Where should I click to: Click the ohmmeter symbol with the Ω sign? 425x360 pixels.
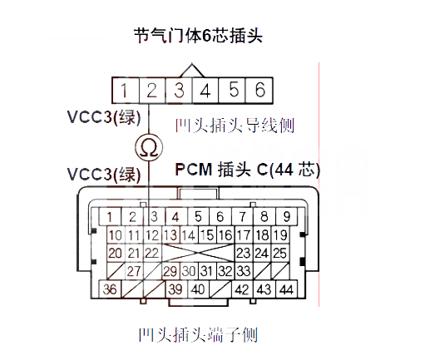tap(149, 147)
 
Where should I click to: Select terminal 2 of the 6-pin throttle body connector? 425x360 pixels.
tap(152, 91)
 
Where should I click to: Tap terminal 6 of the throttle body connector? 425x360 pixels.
tap(259, 91)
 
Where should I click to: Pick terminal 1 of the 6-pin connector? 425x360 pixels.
tap(126, 91)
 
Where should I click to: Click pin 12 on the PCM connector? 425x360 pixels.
tap(152, 235)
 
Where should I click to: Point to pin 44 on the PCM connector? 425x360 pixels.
tap(286, 289)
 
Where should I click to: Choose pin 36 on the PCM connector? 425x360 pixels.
tap(110, 289)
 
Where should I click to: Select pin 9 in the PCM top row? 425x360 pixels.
tap(286, 216)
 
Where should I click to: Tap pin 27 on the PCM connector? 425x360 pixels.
tap(134, 271)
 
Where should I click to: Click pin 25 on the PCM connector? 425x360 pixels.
tap(280, 253)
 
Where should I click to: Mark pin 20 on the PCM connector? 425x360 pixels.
tap(116, 253)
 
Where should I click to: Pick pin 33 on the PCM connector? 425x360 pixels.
tap(244, 271)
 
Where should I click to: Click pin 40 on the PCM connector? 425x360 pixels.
tap(198, 289)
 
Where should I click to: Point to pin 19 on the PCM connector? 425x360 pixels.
tap(280, 235)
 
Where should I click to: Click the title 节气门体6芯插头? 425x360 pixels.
tap(198, 36)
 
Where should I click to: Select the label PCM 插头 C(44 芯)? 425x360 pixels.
tap(248, 170)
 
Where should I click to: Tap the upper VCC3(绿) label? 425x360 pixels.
tap(104, 117)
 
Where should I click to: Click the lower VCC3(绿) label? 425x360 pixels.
tap(104, 175)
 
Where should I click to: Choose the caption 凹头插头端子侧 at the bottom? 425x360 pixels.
tap(198, 335)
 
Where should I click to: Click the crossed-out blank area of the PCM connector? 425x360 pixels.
tap(198, 253)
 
